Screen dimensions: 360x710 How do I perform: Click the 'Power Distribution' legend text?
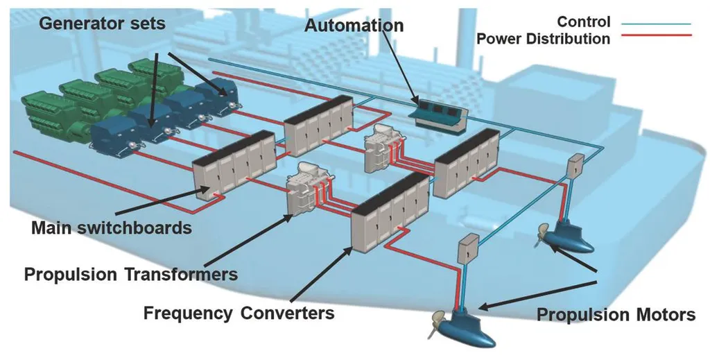[543, 38]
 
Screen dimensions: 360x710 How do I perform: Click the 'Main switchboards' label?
[111, 228]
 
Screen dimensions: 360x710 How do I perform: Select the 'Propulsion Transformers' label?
[131, 274]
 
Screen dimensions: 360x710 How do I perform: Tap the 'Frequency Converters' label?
[239, 314]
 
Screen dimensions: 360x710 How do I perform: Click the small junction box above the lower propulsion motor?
[469, 248]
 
